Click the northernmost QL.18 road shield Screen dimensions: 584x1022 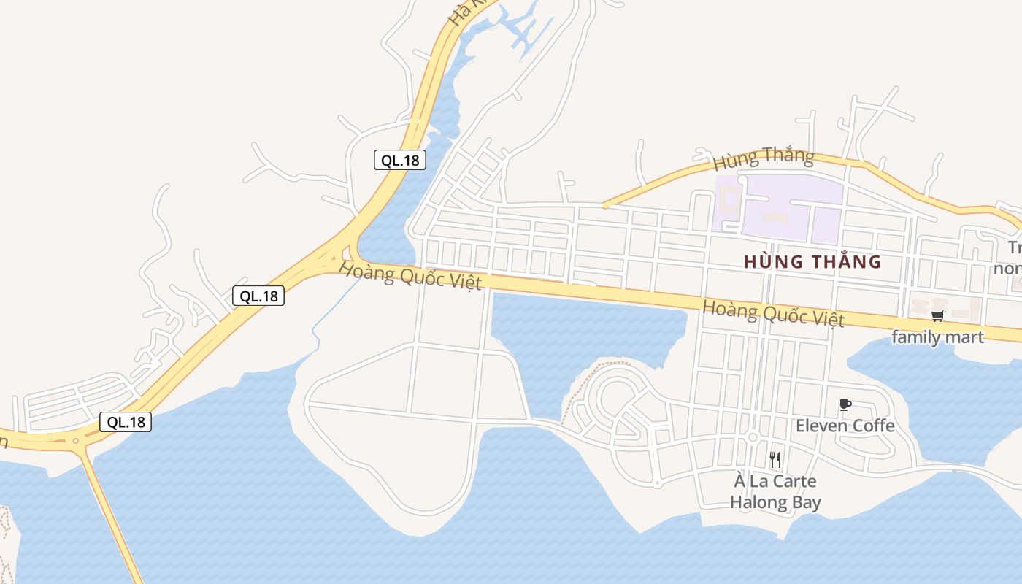coord(399,160)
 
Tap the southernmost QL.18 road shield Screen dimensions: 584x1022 coord(126,421)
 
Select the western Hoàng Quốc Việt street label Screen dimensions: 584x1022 coord(410,277)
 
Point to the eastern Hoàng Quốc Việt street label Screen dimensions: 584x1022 coord(773,313)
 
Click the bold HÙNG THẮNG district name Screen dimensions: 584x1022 coord(812,261)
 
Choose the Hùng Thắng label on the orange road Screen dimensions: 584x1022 coord(764,156)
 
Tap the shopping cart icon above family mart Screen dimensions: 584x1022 coord(937,315)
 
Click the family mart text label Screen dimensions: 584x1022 coord(937,337)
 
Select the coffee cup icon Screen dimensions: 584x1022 coord(845,404)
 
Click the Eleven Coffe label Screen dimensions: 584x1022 coord(845,425)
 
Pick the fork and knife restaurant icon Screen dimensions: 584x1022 coord(775,460)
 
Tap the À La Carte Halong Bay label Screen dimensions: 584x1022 coord(775,492)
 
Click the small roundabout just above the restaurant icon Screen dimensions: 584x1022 coord(753,437)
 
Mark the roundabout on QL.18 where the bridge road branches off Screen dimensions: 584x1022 coord(75,441)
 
